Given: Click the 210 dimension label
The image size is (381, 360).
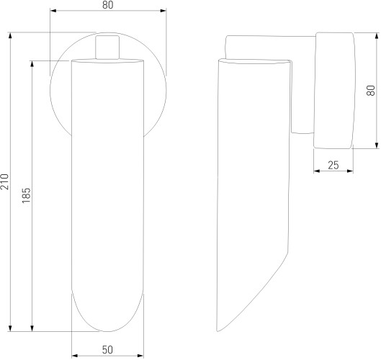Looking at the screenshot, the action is [4, 181].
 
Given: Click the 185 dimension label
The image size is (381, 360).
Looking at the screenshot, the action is [26, 196].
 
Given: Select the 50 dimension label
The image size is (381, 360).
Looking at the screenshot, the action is [107, 350].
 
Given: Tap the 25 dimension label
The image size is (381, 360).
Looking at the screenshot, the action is [333, 166].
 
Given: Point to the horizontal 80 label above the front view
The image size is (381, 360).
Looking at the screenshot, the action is [107, 5].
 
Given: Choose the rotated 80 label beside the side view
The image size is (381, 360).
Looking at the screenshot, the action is [371, 91].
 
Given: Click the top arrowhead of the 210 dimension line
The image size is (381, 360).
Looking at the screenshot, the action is [10, 35].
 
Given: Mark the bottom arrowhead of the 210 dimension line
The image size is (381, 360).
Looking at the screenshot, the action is [10, 328].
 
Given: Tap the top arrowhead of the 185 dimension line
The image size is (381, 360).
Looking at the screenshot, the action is [32, 63].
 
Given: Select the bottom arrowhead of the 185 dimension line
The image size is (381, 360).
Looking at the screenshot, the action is [32, 328].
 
